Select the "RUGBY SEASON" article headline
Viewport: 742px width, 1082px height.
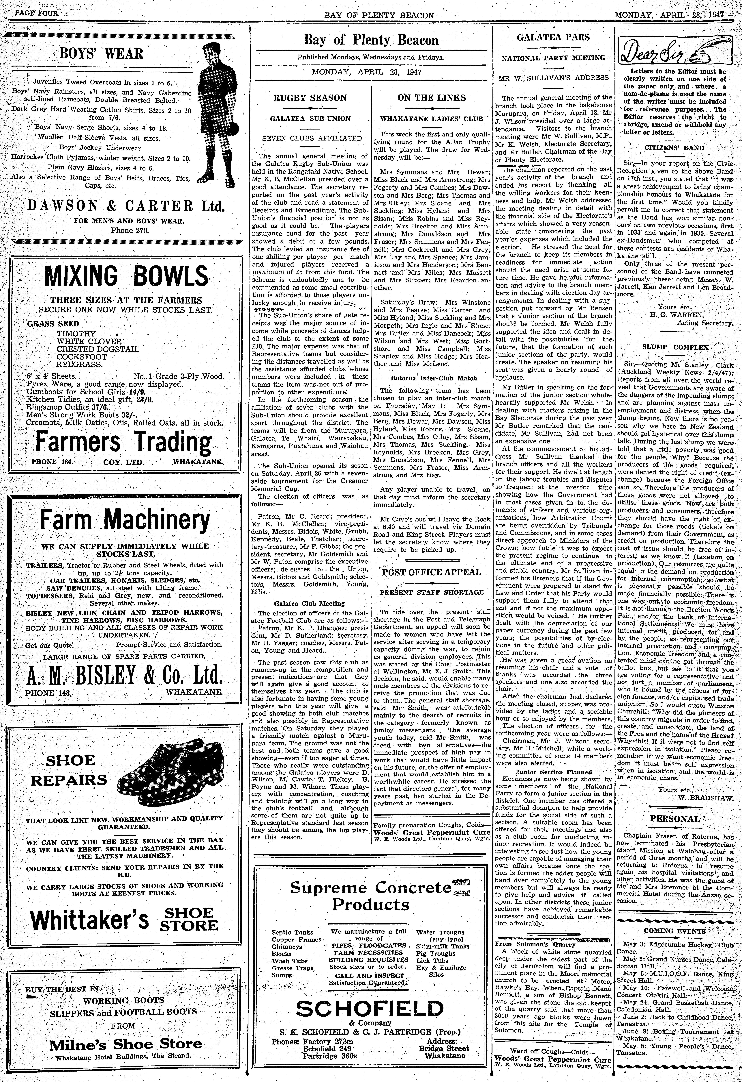pyautogui.click(x=310, y=98)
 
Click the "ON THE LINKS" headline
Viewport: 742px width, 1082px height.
pyautogui.click(x=432, y=98)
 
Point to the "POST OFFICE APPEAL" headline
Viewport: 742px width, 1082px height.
pyautogui.click(x=432, y=572)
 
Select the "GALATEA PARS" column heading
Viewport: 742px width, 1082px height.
pyautogui.click(x=553, y=38)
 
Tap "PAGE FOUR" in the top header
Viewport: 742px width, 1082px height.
pyautogui.click(x=36, y=14)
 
